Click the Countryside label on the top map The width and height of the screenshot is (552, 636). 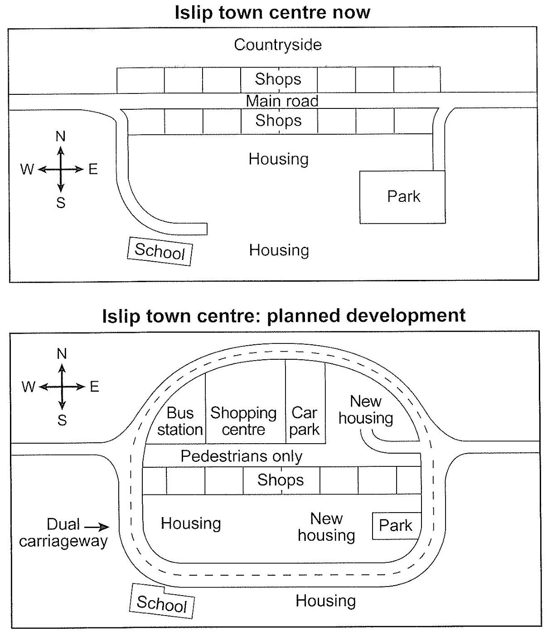click(278, 44)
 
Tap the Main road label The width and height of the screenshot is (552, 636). click(282, 101)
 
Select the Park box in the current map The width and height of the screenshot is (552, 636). click(402, 197)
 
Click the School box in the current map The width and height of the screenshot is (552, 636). click(160, 251)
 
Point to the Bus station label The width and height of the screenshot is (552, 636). click(180, 421)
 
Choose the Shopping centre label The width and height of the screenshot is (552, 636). click(243, 421)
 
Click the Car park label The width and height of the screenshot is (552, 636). click(304, 421)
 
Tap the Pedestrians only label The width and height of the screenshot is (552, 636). click(241, 456)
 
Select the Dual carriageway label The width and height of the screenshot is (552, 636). click(63, 533)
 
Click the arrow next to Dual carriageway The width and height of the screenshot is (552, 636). click(97, 527)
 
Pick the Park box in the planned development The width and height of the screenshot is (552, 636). click(396, 526)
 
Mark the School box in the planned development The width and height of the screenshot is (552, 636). click(162, 603)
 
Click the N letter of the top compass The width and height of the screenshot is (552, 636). click(60, 136)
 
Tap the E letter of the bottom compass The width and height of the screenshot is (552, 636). click(94, 386)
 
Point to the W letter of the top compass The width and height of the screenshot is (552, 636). click(27, 169)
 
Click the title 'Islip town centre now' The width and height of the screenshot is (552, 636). click(272, 12)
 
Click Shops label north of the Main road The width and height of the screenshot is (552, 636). click(278, 79)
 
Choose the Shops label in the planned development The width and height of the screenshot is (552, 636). click(281, 480)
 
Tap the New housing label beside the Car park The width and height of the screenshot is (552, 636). click(366, 410)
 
